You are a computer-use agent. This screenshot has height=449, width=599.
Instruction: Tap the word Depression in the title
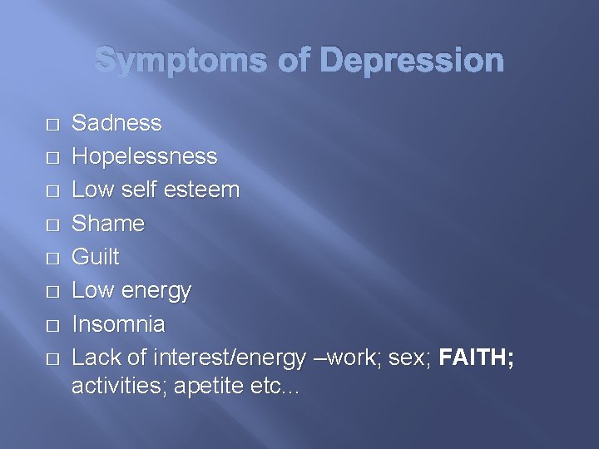coord(411,61)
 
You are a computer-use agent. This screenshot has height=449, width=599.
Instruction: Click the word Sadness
coord(116,123)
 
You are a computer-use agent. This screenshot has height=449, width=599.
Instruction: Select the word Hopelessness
coord(145,156)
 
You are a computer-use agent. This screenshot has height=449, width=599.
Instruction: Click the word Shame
coord(108,224)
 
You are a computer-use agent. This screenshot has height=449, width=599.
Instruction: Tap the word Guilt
coord(96,257)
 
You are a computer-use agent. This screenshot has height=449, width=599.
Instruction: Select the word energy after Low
coord(156,291)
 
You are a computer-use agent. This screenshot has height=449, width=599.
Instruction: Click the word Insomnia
coord(118,323)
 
